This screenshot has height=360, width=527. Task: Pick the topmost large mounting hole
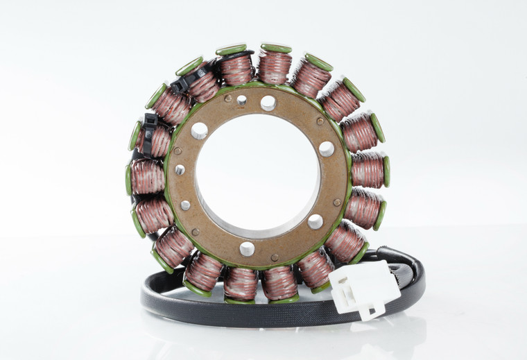(268, 103)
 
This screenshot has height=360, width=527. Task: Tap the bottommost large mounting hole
(247, 248)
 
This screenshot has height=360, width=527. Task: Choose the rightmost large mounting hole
(326, 148)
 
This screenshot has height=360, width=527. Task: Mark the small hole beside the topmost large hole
(241, 101)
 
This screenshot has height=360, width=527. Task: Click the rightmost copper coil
(368, 170)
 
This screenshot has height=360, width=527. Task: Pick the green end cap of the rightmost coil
(386, 171)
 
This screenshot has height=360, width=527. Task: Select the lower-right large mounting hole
(315, 221)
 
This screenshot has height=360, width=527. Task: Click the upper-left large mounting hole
(199, 130)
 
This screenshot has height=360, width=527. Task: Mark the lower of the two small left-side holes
(185, 205)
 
